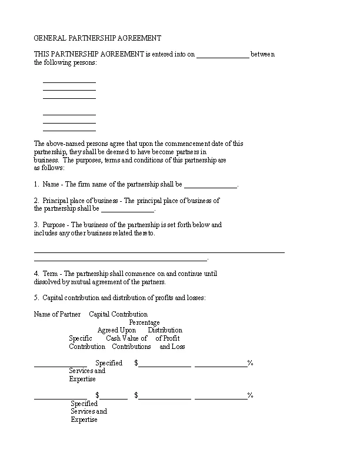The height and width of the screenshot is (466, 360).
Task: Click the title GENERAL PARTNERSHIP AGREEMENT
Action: (98, 38)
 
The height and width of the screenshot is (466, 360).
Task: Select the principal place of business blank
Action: (127, 209)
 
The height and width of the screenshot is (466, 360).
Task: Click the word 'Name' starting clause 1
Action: (52, 184)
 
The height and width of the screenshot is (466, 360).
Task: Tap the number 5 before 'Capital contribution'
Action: (36, 298)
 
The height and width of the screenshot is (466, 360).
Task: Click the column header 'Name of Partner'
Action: (58, 314)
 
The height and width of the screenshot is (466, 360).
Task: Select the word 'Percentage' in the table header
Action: (144, 322)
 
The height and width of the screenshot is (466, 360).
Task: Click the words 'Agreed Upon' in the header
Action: (116, 331)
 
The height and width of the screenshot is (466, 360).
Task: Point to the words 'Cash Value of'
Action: (126, 338)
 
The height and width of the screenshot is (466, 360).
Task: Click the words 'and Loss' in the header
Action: (172, 347)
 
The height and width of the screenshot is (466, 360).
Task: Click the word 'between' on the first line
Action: (262, 55)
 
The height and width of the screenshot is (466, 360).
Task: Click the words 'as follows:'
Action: (45, 168)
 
